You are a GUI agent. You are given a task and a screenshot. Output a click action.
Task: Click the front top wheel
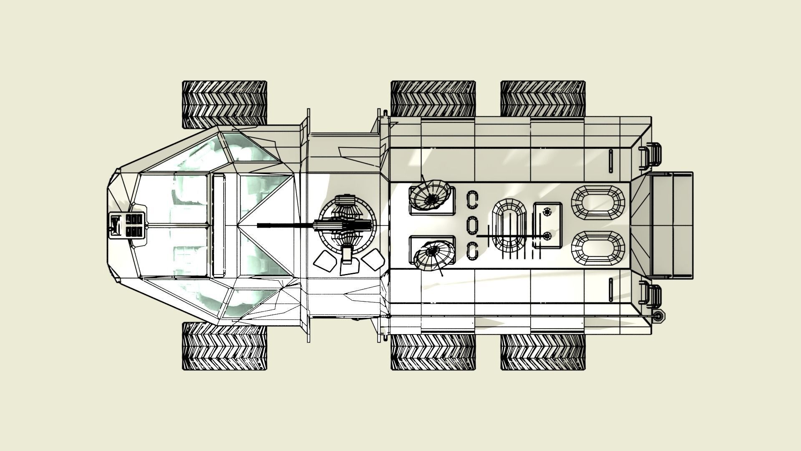pyautogui.click(x=224, y=104)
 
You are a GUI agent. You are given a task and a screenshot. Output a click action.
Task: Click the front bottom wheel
pyautogui.click(x=224, y=347)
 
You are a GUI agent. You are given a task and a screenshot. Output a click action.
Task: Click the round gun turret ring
pyautogui.click(x=347, y=225)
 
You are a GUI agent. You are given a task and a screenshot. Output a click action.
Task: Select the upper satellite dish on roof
pyautogui.click(x=430, y=195)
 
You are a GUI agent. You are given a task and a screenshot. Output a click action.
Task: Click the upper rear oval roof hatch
pyautogui.click(x=598, y=202)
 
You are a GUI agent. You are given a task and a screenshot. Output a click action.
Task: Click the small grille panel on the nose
pyautogui.click(x=127, y=225)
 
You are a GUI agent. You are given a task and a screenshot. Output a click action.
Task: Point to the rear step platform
pyautogui.click(x=671, y=225)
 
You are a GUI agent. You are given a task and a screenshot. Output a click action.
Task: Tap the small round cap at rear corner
pyautogui.click(x=658, y=317)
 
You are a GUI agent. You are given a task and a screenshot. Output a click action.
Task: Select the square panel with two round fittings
pyautogui.click(x=548, y=225)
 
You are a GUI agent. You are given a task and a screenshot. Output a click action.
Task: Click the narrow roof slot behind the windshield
pyautogui.click(x=218, y=225)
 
